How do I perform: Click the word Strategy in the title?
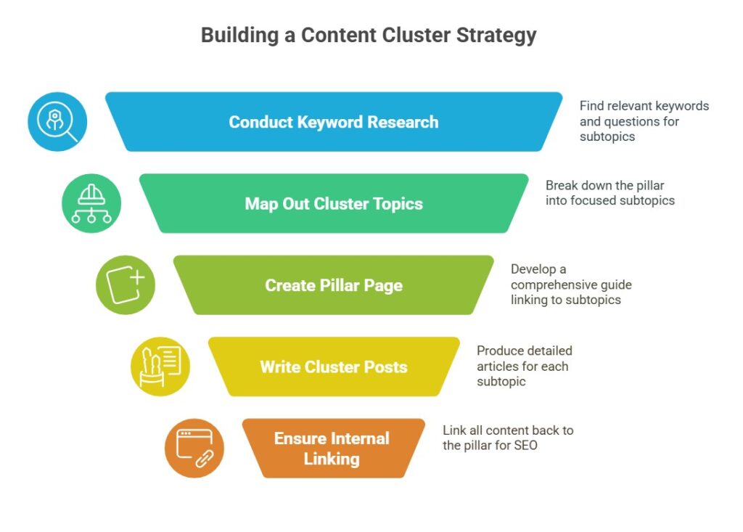(x=496, y=36)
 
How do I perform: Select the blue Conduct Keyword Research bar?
(x=334, y=122)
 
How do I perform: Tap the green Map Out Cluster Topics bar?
(x=334, y=203)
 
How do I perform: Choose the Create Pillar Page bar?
(x=334, y=285)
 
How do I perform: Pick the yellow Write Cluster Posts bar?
(x=334, y=367)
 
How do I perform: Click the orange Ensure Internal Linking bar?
(x=334, y=448)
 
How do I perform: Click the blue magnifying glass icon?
(x=57, y=122)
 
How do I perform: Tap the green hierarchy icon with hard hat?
(x=91, y=203)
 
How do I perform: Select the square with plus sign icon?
(x=126, y=285)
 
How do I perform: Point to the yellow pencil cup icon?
(x=160, y=367)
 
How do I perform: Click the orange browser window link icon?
(x=194, y=448)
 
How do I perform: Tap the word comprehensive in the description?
(x=547, y=285)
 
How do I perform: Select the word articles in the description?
(x=493, y=366)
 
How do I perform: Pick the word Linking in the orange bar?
(x=332, y=459)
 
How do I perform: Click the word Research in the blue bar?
(x=403, y=122)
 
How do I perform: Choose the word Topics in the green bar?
(x=398, y=204)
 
